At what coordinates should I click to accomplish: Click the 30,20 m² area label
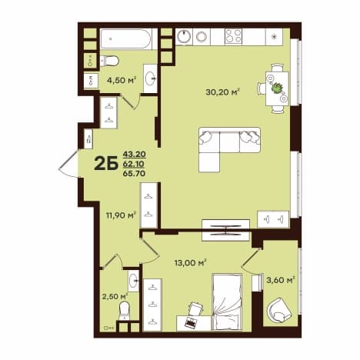point(222,92)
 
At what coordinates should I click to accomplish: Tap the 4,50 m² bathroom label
point(122,80)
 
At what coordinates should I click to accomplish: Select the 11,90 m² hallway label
point(121,215)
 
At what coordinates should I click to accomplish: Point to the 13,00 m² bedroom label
point(190,262)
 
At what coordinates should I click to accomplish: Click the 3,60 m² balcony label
point(281,280)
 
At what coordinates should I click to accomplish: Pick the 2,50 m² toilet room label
point(115,297)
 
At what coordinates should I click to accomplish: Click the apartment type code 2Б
point(106,163)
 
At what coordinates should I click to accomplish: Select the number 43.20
point(135,154)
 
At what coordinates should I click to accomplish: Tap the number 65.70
point(135,174)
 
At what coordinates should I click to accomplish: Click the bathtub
point(125,38)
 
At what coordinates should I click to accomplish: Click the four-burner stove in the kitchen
point(233,36)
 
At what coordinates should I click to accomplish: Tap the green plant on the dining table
point(277,88)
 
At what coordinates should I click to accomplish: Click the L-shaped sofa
point(229,148)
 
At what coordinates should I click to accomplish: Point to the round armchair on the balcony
point(279,310)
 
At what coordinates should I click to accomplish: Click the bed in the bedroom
point(227,302)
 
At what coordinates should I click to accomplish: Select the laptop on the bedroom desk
point(190,322)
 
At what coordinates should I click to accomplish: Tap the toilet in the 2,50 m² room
point(125,311)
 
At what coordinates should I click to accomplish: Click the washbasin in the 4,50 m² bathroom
point(150,78)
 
